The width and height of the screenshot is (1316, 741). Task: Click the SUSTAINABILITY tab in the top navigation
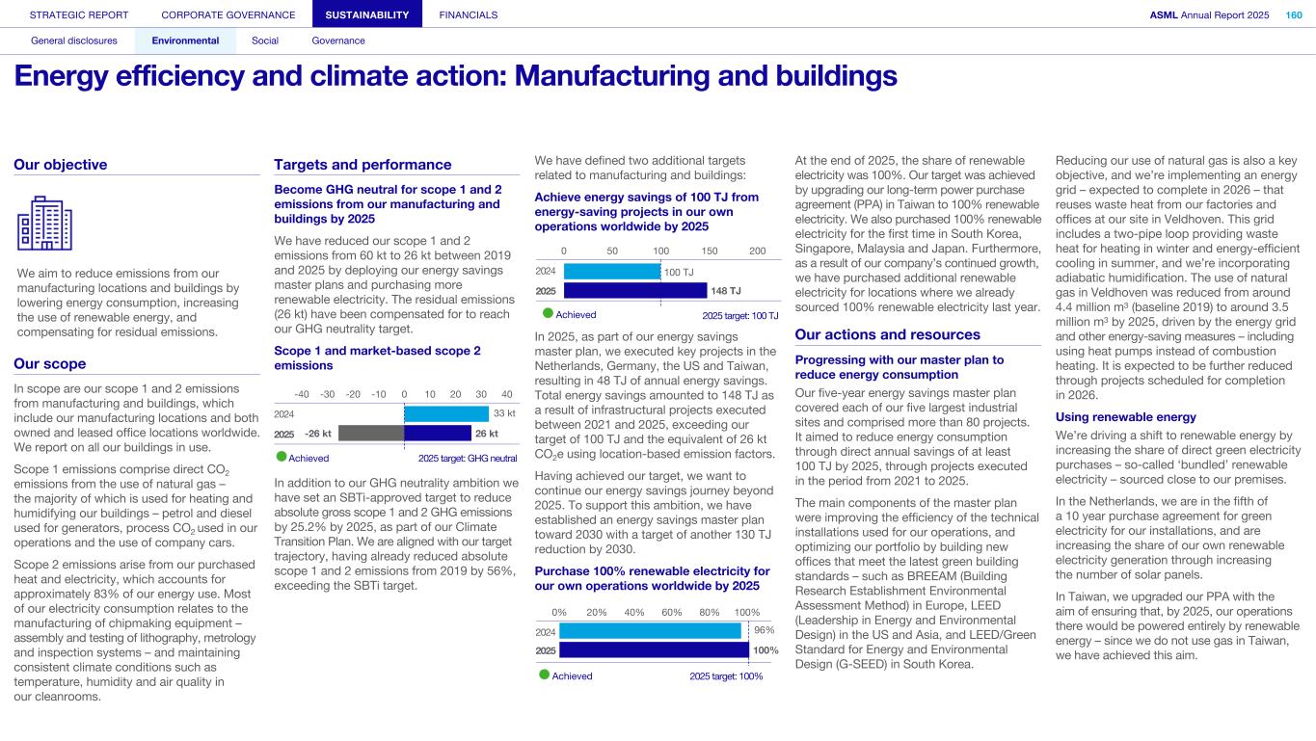pyautogui.click(x=367, y=14)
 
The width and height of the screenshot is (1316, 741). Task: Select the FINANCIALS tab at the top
pyautogui.click(x=468, y=14)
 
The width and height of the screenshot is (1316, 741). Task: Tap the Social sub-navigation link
pyautogui.click(x=265, y=40)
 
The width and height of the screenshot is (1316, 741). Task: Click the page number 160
pyautogui.click(x=1294, y=14)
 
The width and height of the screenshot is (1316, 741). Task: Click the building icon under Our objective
pyautogui.click(x=44, y=223)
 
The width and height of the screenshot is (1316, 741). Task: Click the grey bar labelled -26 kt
pyautogui.click(x=370, y=434)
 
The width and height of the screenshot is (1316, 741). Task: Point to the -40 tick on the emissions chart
pyautogui.click(x=302, y=394)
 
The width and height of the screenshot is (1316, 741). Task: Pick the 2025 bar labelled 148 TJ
pyautogui.click(x=635, y=290)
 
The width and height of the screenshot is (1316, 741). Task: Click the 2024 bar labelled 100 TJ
pyautogui.click(x=611, y=272)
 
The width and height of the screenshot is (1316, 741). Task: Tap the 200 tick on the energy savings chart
pyautogui.click(x=758, y=251)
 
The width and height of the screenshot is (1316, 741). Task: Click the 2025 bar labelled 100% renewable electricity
pyautogui.click(x=654, y=650)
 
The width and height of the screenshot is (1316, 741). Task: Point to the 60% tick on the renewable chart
pyautogui.click(x=673, y=612)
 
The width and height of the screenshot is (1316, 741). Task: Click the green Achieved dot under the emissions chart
pyautogui.click(x=282, y=458)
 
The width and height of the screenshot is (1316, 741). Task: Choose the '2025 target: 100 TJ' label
pyautogui.click(x=739, y=315)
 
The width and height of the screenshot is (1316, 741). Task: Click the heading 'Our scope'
pyautogui.click(x=50, y=363)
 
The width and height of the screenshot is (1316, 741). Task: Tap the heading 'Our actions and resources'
pyautogui.click(x=887, y=334)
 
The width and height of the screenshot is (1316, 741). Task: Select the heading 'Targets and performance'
pyautogui.click(x=363, y=165)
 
